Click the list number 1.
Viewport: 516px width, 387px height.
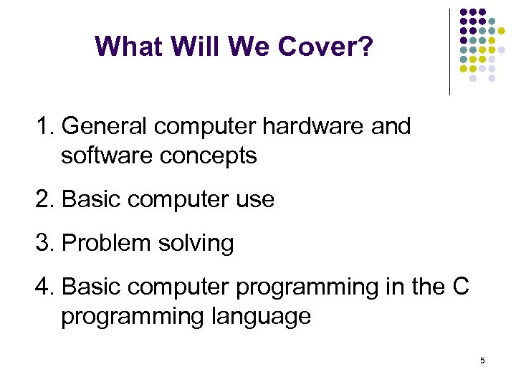[44, 126]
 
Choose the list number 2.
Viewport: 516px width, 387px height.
[44, 199]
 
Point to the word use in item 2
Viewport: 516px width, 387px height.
[255, 199]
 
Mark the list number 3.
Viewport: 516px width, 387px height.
[44, 243]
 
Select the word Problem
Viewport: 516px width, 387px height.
[105, 243]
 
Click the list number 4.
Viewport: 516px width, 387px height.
[44, 287]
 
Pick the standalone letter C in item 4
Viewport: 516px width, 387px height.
[461, 287]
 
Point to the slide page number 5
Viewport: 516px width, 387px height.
[482, 360]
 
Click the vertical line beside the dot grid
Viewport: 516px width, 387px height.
[449, 52]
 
